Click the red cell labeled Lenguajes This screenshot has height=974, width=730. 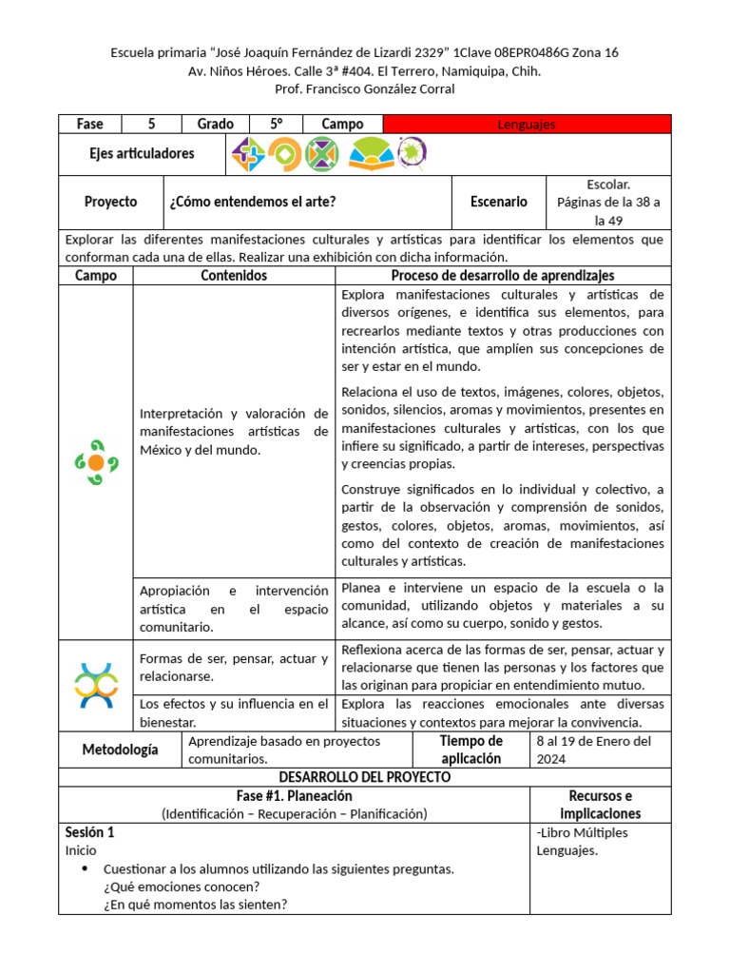pos(527,125)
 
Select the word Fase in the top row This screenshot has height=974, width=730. pos(90,125)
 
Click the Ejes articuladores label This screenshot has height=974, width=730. pos(142,153)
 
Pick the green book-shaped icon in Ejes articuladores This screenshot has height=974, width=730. pos(371,153)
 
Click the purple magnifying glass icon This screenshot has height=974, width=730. pos(412,152)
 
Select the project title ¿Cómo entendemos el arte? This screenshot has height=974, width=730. pos(252,202)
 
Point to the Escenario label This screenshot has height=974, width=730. pos(499,202)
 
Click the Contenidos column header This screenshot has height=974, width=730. pos(234,276)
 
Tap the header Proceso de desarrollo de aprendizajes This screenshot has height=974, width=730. pos(503,276)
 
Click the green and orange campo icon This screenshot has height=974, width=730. pos(96,462)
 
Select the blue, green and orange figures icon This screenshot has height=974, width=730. pos(96,685)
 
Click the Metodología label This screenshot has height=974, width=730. pos(120,750)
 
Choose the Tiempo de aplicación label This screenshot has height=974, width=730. pos(471,750)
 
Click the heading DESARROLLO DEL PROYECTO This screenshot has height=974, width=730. pos(365,777)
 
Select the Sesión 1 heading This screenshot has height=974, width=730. pos(89,832)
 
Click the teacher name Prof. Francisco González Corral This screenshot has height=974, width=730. pos(365,89)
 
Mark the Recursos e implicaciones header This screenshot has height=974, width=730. pos(600,805)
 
